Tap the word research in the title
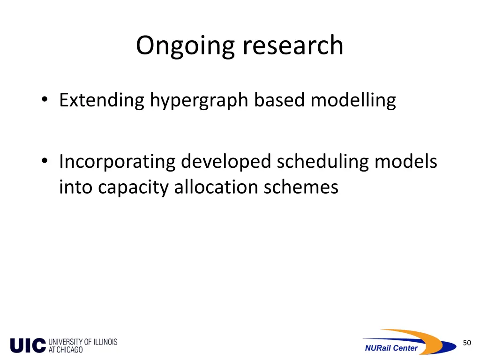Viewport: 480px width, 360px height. (293, 45)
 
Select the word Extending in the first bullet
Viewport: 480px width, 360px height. (102, 100)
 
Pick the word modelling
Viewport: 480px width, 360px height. (353, 100)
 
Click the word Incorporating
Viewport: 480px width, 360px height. (117, 162)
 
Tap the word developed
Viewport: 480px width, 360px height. (226, 162)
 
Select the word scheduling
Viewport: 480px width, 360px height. (322, 162)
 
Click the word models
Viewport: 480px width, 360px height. (405, 161)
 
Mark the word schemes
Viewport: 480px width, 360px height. (301, 187)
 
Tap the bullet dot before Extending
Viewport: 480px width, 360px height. (44, 99)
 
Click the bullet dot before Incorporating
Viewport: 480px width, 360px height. (44, 161)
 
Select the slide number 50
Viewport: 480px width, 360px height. (466, 343)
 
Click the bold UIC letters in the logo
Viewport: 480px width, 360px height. (28, 346)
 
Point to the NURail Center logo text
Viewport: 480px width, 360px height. (391, 348)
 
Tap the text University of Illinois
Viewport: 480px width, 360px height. (83, 342)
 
